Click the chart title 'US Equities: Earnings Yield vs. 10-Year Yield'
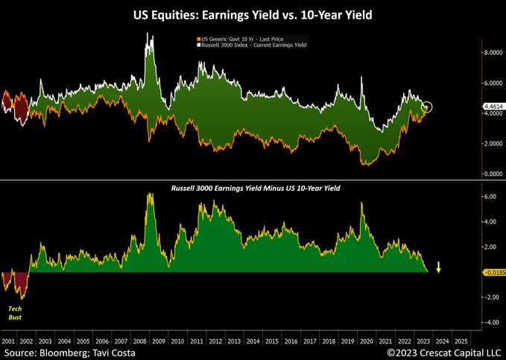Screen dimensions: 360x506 click(253, 13)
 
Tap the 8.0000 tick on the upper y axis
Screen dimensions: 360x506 click(493, 53)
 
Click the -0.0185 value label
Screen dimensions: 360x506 click(493, 273)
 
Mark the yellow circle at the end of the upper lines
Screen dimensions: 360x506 click(426, 107)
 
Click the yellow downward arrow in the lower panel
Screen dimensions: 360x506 click(439, 267)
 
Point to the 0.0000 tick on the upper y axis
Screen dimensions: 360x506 click(493, 173)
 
